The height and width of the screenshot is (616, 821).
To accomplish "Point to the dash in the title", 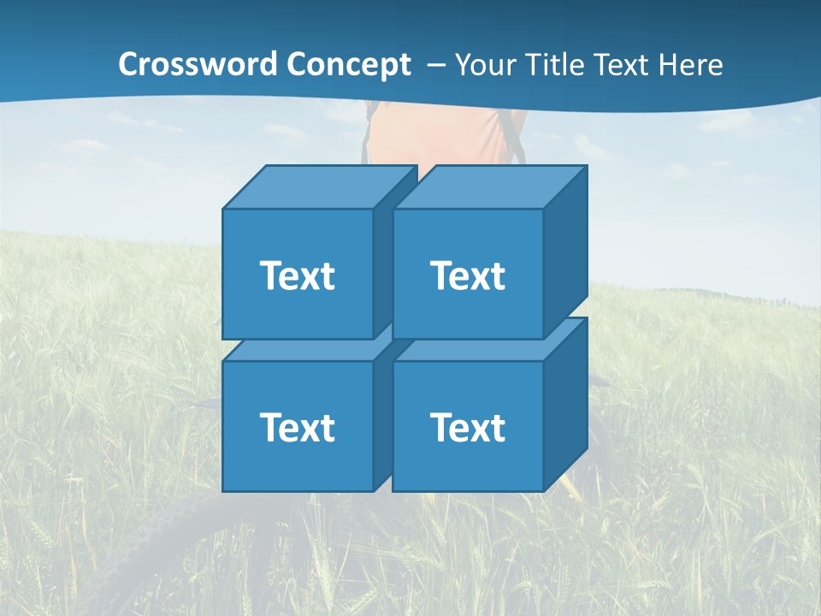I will point(434,65).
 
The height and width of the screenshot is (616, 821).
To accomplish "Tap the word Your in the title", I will point(485,65).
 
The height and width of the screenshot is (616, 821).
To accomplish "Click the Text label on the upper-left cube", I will point(297,275).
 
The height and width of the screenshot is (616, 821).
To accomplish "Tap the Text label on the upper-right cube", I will point(468,275).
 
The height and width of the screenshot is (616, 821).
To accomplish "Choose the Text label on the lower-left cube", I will point(297,427).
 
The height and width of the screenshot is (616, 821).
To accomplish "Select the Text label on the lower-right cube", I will point(468,427).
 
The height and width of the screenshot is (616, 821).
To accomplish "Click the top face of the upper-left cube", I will point(318,187).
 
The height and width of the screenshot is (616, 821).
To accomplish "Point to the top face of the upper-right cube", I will point(489,187).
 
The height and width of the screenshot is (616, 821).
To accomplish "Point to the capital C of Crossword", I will point(128,65).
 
